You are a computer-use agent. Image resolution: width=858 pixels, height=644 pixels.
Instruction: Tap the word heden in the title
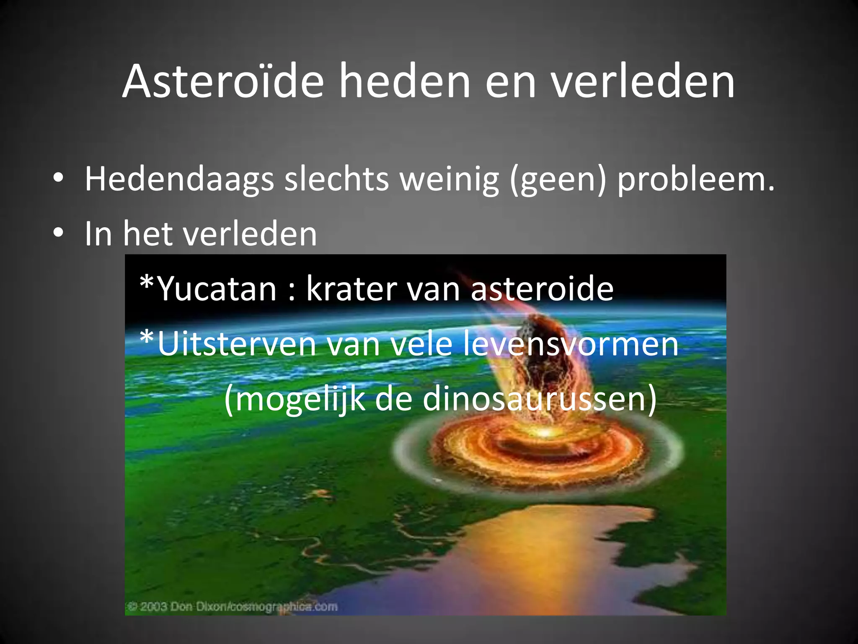404,81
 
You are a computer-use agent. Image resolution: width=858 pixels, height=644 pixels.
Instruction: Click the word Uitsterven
237,344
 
